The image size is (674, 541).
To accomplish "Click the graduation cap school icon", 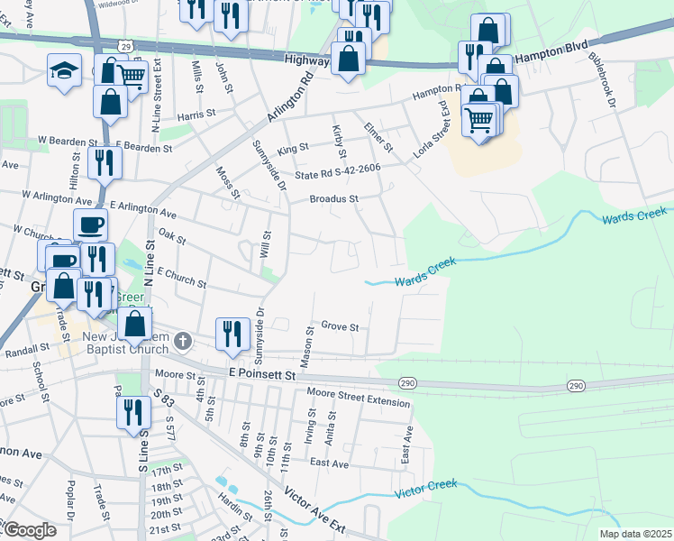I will (x=65, y=70).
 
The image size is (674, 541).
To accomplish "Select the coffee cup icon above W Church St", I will (x=88, y=225).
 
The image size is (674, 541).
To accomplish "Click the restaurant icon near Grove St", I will (x=232, y=334).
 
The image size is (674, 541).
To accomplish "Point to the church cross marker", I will (x=183, y=341).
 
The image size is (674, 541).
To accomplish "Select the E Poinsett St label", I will (x=261, y=373).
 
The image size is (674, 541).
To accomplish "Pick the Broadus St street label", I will (x=334, y=198).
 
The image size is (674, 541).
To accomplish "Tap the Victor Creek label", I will (x=427, y=491).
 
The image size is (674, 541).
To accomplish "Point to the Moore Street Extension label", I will (x=358, y=397).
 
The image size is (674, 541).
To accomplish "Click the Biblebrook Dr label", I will (x=601, y=80).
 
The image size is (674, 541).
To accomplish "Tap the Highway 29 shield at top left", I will (x=124, y=45).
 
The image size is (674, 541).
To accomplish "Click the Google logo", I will (x=29, y=529).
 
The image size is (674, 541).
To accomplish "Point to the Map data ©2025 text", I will (x=635, y=534).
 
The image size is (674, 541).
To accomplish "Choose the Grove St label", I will (x=341, y=326).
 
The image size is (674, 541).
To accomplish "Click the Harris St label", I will (x=197, y=115).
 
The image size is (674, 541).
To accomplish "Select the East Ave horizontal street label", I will (x=328, y=463).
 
